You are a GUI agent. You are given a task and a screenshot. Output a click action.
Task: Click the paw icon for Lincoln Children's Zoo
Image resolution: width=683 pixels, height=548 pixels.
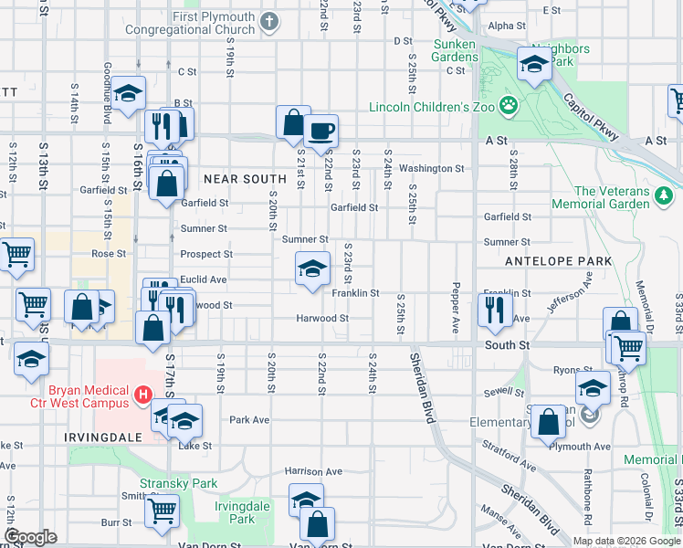[509, 107]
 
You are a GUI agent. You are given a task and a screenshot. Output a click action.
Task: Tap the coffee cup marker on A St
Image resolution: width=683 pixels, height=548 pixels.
[320, 131]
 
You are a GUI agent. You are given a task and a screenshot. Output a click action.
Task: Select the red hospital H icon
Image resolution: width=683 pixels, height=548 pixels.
[142, 395]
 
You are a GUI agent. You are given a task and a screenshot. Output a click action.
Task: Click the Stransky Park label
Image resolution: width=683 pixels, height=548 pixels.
[178, 482]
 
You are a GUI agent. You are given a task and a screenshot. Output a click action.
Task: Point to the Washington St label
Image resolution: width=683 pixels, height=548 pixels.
[431, 169]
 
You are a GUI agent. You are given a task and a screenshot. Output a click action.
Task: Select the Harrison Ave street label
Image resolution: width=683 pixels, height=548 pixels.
[313, 471]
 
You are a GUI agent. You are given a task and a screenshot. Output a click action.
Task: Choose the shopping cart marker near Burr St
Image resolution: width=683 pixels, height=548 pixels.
[162, 511]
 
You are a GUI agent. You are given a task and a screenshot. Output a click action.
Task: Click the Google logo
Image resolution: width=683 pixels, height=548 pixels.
[30, 537]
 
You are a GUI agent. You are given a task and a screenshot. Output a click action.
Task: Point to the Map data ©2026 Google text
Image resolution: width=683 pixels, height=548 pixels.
[626, 541]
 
